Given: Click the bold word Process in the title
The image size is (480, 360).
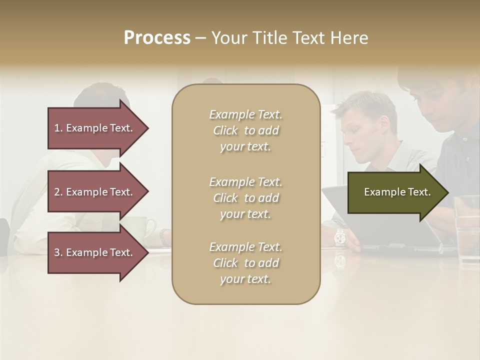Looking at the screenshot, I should (x=157, y=38).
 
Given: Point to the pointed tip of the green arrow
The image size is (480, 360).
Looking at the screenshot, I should (x=447, y=192).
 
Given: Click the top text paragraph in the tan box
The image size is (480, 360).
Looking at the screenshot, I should (x=245, y=130).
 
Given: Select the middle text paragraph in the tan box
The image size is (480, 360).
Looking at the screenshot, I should (x=245, y=198).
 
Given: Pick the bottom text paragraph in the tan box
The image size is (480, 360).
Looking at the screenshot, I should (x=245, y=263).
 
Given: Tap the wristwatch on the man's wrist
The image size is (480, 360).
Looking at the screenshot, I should (x=340, y=236).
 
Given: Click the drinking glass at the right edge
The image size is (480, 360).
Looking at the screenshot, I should (x=467, y=227).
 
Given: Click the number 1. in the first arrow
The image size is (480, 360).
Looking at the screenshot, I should (x=58, y=128).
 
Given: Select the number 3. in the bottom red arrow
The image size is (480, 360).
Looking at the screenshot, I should (x=58, y=252).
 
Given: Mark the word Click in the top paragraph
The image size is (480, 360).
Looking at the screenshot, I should (x=225, y=130).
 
